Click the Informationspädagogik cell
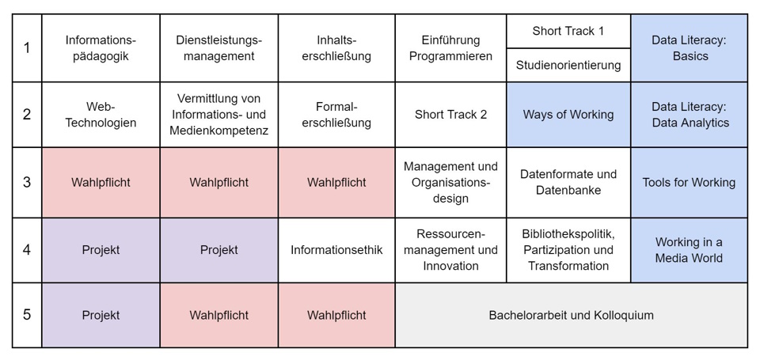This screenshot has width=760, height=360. [101, 48]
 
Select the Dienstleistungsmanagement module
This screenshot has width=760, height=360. [219, 48]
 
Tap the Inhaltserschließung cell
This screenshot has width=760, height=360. [336, 48]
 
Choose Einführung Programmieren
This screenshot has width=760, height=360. [450, 48]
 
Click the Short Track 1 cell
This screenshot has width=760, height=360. [568, 32]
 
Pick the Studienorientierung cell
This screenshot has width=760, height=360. [568, 65]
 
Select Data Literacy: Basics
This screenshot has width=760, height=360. [689, 48]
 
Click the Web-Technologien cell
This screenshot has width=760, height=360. [101, 115]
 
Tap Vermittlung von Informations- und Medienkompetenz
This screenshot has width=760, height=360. [219, 115]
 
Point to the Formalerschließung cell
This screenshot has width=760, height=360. [336, 115]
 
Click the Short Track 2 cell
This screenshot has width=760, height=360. [450, 115]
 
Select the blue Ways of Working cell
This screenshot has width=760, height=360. [568, 115]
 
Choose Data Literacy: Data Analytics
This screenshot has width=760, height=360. [689, 115]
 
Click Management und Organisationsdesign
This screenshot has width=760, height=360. [450, 183]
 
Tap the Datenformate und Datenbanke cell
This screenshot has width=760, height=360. [568, 183]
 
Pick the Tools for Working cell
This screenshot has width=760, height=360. [689, 183]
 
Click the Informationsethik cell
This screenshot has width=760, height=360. [336, 250]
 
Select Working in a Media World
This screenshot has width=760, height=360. [689, 250]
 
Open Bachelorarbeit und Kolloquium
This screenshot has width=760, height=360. [571, 316]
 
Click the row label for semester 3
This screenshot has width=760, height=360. [27, 183]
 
